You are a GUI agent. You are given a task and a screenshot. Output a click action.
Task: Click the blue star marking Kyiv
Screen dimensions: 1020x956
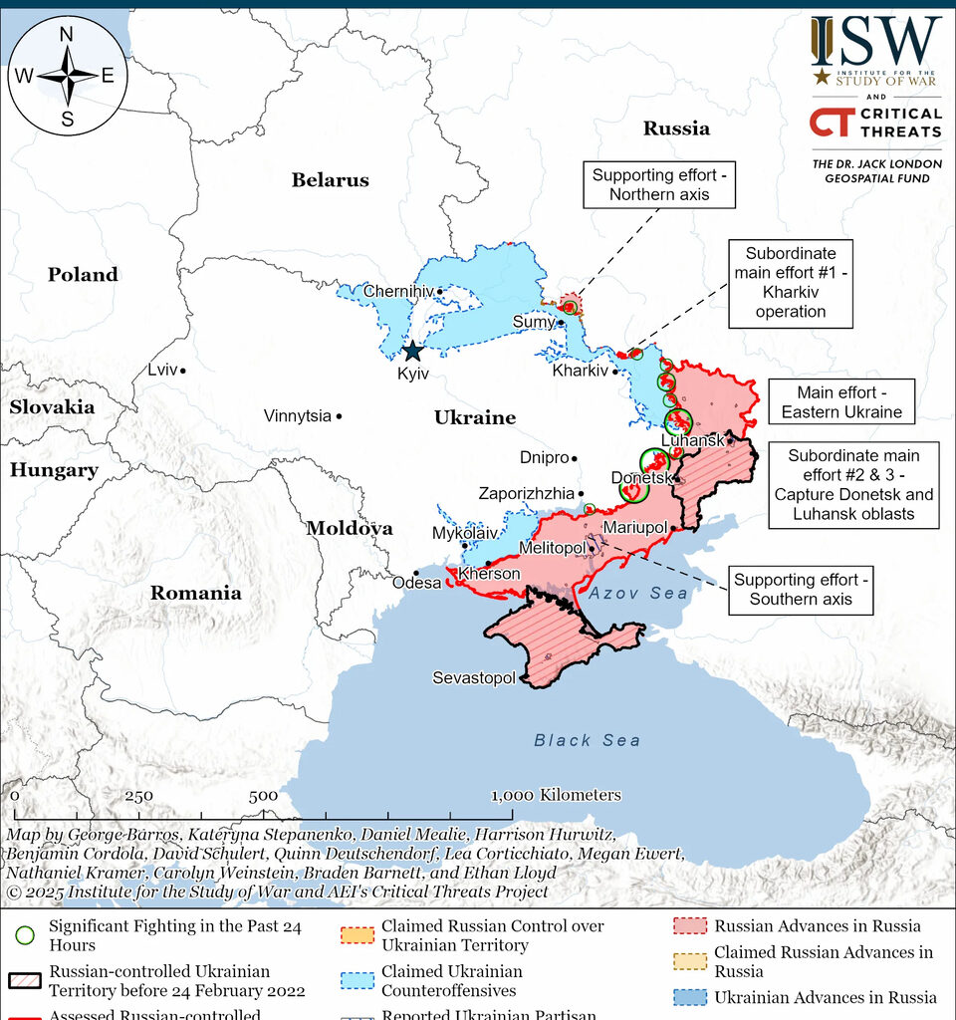pyautogui.click(x=412, y=351)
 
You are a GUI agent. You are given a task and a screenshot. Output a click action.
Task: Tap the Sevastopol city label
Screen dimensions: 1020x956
pyautogui.click(x=474, y=678)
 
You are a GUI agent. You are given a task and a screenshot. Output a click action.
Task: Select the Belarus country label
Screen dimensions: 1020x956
pyautogui.click(x=330, y=180)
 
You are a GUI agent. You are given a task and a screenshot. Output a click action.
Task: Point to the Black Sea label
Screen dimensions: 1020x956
pyautogui.click(x=588, y=740)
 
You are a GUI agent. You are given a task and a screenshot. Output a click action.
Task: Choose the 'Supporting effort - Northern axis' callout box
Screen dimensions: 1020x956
pyautogui.click(x=659, y=184)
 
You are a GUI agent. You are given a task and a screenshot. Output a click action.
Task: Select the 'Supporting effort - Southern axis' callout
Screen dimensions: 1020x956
pyautogui.click(x=800, y=589)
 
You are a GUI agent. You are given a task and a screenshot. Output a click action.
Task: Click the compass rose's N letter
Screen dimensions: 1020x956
pyautogui.click(x=67, y=34)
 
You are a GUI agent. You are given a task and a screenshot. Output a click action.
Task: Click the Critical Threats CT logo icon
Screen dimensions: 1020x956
pyautogui.click(x=829, y=122)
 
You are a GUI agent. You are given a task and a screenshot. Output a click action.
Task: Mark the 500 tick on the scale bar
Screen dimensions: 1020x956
pyautogui.click(x=263, y=796)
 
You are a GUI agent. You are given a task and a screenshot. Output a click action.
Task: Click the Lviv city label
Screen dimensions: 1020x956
pyautogui.click(x=161, y=370)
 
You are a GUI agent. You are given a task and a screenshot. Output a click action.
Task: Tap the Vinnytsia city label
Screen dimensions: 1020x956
pyautogui.click(x=297, y=415)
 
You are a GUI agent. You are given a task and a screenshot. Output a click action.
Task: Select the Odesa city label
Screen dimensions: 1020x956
pyautogui.click(x=416, y=583)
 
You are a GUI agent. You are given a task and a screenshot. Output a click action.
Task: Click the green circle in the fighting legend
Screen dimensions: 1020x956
pyautogui.click(x=26, y=935)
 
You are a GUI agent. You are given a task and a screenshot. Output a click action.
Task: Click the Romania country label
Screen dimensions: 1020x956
pyautogui.click(x=195, y=593)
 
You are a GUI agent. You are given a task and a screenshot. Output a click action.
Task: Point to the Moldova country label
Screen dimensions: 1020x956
pyautogui.click(x=349, y=528)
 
